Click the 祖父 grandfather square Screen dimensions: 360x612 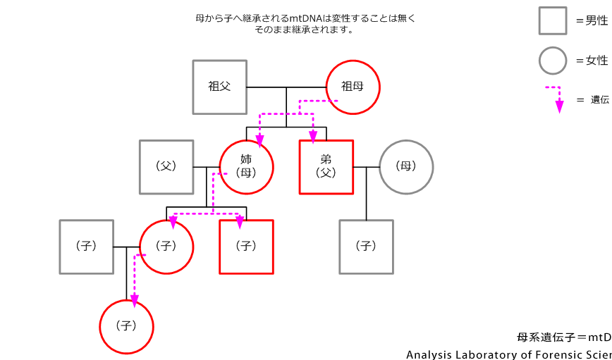219,87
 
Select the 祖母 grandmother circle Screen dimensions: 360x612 353,87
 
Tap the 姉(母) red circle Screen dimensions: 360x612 246,167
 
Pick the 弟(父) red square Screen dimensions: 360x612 326,167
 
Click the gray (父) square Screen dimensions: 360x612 166,167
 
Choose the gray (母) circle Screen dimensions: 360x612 406,167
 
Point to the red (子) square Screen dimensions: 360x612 246,247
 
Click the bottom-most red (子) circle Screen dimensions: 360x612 126,326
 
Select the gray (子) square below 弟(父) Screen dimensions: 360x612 366,247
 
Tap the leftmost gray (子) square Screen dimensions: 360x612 86,247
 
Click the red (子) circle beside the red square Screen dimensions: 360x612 166,247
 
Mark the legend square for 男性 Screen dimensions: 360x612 553,20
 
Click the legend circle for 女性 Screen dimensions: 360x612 553,61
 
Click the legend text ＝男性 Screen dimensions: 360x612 592,21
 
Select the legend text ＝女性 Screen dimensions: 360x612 592,61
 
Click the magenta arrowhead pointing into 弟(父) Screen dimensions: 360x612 312,135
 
